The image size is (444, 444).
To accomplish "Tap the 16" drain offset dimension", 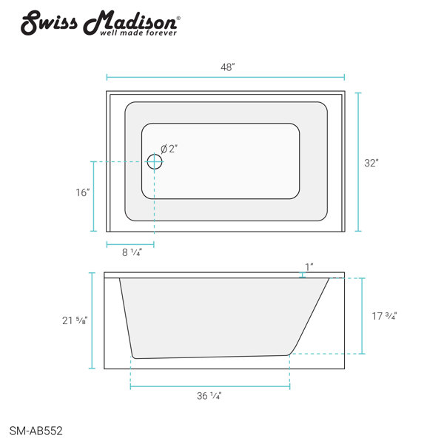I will coord(82,192).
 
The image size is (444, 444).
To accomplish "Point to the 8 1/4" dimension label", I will coord(132,253).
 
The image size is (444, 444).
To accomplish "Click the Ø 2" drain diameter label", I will coord(169,149).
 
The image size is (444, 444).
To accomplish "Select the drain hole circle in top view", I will coord(155,162).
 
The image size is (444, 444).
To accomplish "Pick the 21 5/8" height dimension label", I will coord(75,320).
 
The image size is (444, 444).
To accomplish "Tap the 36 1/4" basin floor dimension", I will coord(210,396).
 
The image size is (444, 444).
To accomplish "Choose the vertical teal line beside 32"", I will coord(359,162).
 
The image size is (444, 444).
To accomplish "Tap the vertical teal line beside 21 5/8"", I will coord(92,320).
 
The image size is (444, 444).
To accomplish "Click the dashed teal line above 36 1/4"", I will coord(210,386).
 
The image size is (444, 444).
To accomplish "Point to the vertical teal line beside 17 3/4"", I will coord(363,316).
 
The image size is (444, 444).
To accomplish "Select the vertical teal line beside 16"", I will coord(94,196).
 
